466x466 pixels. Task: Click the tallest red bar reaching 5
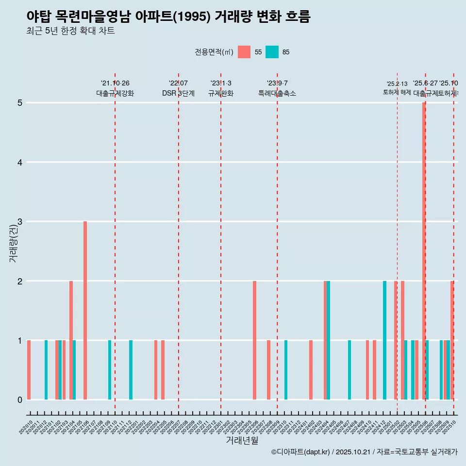click(x=424, y=250)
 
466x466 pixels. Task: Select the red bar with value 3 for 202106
click(x=85, y=311)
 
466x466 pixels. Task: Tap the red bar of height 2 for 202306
click(x=254, y=340)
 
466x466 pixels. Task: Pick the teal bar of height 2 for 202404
click(x=329, y=340)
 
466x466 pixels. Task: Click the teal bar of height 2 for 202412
click(x=384, y=340)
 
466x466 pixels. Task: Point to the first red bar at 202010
click(x=29, y=370)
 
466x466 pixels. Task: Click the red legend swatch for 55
click(x=244, y=52)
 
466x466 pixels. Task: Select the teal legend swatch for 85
click(x=272, y=52)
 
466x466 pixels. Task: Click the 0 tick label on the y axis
click(x=20, y=399)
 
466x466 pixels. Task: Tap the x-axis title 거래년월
click(x=242, y=441)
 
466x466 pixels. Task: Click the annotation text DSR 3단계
click(x=178, y=93)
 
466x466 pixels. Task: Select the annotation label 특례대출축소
click(x=277, y=93)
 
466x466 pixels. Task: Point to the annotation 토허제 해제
click(x=397, y=92)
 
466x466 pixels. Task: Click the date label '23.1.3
click(x=221, y=83)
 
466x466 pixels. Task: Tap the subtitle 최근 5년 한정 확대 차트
click(x=70, y=31)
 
